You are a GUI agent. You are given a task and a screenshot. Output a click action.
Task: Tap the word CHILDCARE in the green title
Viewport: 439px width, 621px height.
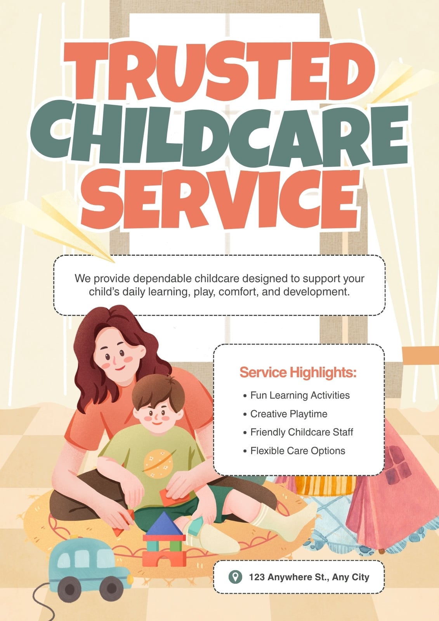coord(219,134)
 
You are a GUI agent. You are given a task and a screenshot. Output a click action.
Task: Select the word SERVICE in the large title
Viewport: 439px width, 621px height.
coord(219,199)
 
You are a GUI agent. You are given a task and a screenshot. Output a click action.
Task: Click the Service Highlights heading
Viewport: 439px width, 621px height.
coord(298,372)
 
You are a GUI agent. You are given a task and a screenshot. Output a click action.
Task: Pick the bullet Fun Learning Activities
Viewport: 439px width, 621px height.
coord(297,395)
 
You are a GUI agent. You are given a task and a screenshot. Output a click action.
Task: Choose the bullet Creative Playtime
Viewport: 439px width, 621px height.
coord(285,414)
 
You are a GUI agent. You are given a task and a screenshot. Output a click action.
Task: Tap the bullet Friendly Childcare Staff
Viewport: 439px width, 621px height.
coord(298,432)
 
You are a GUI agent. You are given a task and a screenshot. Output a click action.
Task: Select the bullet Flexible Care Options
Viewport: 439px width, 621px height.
coord(294,451)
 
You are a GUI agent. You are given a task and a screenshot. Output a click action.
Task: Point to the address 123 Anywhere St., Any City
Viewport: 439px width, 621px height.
coord(309,577)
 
